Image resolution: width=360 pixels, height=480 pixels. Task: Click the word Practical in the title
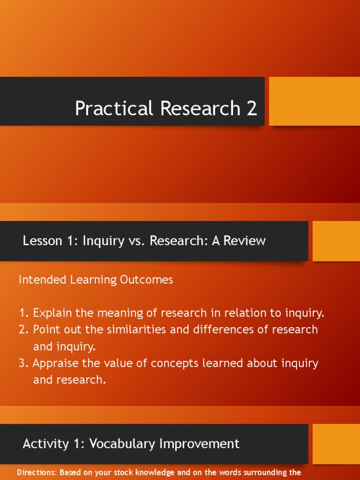(x=115, y=109)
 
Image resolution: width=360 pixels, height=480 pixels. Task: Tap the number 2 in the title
(x=251, y=108)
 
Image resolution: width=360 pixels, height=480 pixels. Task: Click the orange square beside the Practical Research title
(x=314, y=101)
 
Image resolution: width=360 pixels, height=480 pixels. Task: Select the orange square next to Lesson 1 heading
(x=336, y=241)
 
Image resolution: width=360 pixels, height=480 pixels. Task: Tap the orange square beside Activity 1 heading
(x=336, y=444)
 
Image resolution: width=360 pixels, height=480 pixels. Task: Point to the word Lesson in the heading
(x=42, y=241)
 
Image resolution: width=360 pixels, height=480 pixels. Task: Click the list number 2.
(x=23, y=330)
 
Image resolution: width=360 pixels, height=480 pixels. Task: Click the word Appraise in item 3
(x=54, y=363)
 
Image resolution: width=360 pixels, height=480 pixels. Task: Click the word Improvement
(x=202, y=443)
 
